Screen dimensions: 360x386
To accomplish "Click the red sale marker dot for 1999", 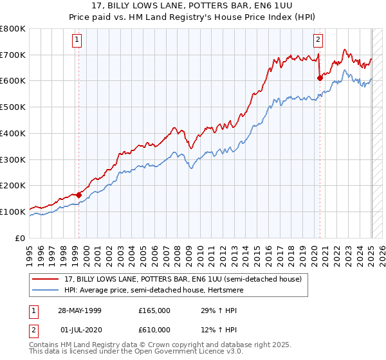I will pos(78,195).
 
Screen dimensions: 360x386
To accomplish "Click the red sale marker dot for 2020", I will pos(320,78).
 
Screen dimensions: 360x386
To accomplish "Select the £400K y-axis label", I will pos(14,133).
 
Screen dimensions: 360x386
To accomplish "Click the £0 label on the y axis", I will pos(21,238).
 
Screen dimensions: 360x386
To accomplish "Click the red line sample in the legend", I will pos(46,278).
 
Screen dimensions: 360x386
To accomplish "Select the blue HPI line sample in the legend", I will pos(46,290).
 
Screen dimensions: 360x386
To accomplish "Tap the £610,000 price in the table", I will pos(154,330).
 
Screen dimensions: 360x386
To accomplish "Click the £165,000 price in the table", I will pos(154,310).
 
